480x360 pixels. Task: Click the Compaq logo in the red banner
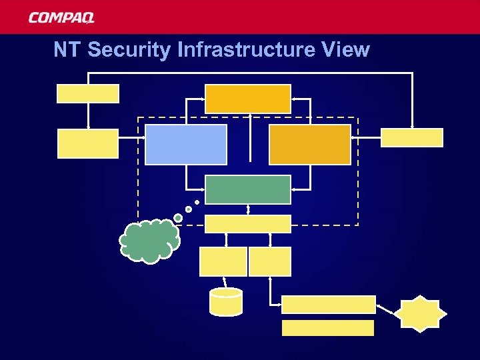[x=61, y=18]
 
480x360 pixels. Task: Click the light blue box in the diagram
[x=186, y=144]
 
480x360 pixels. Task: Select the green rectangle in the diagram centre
[x=247, y=189]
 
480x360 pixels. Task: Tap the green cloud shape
[x=149, y=240]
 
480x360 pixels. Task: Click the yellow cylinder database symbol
[x=226, y=301]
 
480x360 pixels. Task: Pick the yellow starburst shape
[x=419, y=314]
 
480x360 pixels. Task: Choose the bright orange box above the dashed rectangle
[x=247, y=99]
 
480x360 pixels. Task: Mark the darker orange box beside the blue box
[x=309, y=144]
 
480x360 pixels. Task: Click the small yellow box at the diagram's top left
[x=88, y=93]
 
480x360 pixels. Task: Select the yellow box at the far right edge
[x=411, y=137]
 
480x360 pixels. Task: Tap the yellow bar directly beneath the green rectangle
[x=247, y=224]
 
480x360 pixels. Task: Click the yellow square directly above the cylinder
[x=223, y=261]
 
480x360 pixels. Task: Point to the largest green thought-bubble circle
[x=178, y=217]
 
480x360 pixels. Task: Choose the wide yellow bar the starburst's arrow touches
[x=328, y=305]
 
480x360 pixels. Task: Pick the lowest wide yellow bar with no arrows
[x=328, y=327]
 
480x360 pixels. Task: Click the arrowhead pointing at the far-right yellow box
[x=413, y=126]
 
